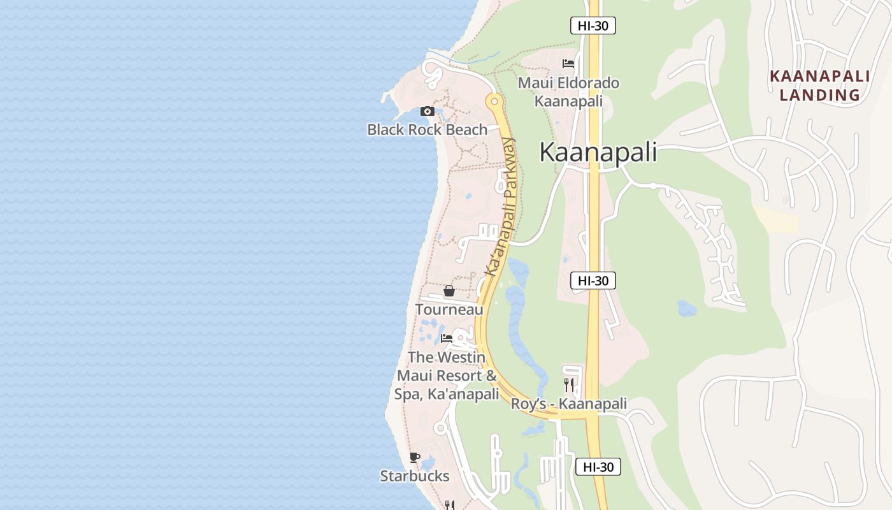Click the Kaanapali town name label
pos(598,152)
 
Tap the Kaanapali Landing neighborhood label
pos(819,85)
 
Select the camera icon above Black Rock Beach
pos(427,112)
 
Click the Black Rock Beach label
pos(427,129)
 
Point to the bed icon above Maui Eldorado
pos(568,64)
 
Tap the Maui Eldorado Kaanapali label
pos(568,92)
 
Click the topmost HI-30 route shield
pos(593,25)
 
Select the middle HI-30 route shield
pos(593,280)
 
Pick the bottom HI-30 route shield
pos(598,467)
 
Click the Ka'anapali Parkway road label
pos(501,207)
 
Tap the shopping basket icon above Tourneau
pos(449,291)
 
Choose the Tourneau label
pos(449,309)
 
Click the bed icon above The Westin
pos(447,339)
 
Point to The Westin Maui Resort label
pos(447,375)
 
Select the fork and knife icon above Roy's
pos(569,384)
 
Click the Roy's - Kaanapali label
pos(569,404)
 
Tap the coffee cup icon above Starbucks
pos(415,457)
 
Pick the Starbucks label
pos(415,476)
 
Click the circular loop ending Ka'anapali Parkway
pos(493,101)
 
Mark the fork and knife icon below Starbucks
pos(449,505)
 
